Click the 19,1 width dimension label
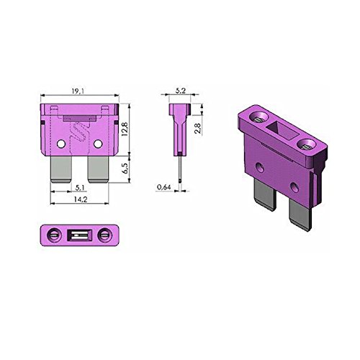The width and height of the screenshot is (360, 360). point(78,92)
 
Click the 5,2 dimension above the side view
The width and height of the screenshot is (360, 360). point(180,92)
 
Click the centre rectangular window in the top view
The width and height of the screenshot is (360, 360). point(78,235)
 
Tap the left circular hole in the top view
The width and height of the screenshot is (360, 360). point(53,235)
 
